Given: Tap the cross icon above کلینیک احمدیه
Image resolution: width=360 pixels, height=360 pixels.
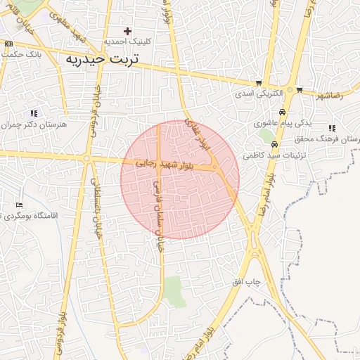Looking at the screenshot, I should pyautogui.click(x=127, y=31).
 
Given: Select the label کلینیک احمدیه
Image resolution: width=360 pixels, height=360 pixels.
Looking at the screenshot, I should pyautogui.click(x=128, y=41).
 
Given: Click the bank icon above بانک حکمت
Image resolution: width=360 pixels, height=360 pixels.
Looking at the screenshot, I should pyautogui.click(x=8, y=44).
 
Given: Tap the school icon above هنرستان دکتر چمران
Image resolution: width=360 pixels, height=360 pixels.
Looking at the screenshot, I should pyautogui.click(x=33, y=113).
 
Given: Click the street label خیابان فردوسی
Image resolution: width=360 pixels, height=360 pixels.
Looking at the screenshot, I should pyautogui.click(x=92, y=110).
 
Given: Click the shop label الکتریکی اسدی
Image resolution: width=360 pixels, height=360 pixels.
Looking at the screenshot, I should pyautogui.click(x=258, y=93).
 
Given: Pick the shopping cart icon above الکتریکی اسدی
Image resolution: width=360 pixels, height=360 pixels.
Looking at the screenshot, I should pyautogui.click(x=259, y=82).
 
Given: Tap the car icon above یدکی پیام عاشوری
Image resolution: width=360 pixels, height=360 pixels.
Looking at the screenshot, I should pyautogui.click(x=282, y=112).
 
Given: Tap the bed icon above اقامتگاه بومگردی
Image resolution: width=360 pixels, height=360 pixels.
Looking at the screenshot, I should pyautogui.click(x=20, y=204).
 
